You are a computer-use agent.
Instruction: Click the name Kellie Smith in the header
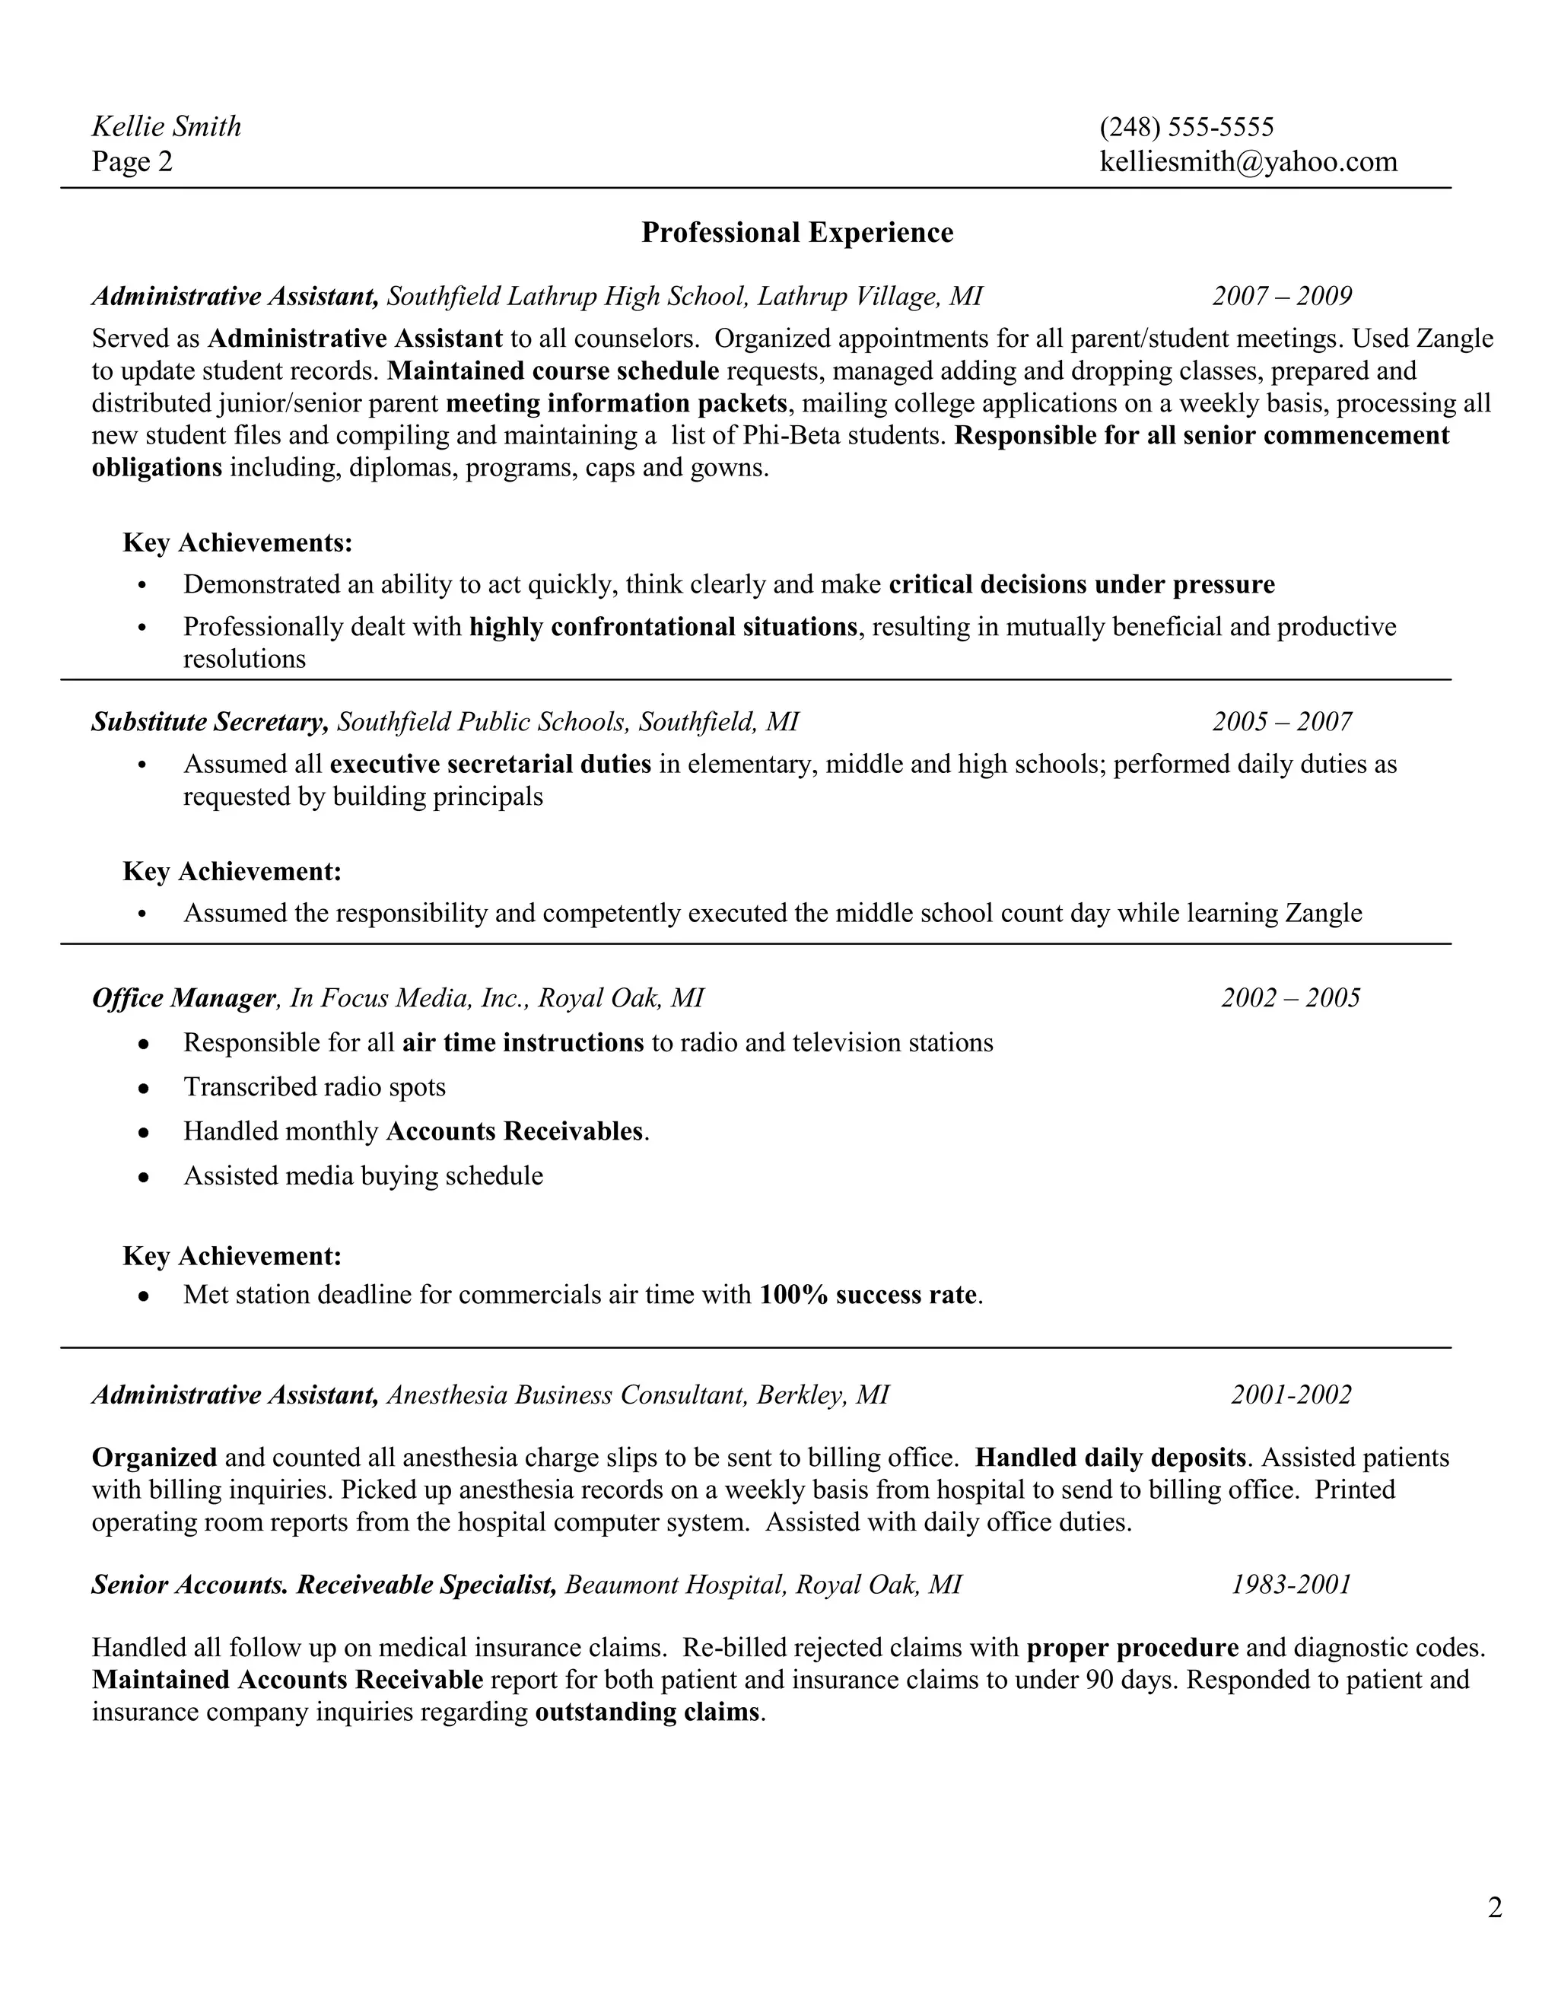pos(166,126)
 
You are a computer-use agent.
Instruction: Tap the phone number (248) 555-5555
pos(1186,126)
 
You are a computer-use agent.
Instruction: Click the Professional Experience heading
pos(796,233)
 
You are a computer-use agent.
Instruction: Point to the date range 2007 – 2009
pos(1281,296)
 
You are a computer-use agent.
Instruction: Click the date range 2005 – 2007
pos(1281,722)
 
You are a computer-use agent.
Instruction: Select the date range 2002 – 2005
pos(1290,998)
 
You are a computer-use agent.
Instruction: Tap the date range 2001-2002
pos(1290,1394)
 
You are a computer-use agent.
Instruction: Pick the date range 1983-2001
pos(1290,1585)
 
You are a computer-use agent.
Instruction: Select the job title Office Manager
pos(183,998)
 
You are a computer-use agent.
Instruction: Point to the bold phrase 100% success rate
pos(867,1295)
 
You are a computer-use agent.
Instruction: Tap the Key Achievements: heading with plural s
pos(237,542)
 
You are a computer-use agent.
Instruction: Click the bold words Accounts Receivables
pos(514,1132)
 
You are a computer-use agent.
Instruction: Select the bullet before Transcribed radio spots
pos(143,1089)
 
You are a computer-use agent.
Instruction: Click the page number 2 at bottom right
pos(1494,1907)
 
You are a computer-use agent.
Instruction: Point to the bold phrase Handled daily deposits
pos(1111,1458)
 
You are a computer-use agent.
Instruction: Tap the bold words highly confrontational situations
pos(663,628)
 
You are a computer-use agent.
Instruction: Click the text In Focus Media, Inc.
pos(406,998)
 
